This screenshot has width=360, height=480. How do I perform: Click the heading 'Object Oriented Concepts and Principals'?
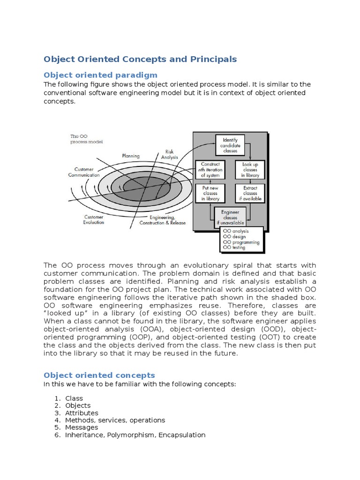click(140, 60)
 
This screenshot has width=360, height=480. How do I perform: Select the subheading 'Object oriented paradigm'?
click(100, 75)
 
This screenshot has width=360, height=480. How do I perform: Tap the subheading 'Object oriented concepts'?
click(99, 375)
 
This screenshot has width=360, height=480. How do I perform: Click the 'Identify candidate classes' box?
click(230, 145)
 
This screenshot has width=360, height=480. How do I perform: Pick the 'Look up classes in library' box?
click(250, 170)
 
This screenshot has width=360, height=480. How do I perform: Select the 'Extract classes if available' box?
click(250, 193)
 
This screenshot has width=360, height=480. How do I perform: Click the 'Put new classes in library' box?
click(210, 193)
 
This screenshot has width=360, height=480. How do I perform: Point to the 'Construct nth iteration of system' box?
click(210, 170)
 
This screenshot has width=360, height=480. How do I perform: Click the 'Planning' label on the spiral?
click(131, 156)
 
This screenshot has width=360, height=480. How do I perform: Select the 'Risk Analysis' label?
click(169, 155)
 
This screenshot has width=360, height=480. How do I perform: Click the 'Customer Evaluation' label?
click(94, 219)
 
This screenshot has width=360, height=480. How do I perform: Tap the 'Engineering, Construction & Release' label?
click(162, 220)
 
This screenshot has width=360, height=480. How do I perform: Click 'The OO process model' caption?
click(86, 139)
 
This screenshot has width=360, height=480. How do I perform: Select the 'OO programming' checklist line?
click(241, 242)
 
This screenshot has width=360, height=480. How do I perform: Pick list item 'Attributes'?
click(82, 413)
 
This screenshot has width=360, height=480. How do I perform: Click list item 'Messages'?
click(82, 427)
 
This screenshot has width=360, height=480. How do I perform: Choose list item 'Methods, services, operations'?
click(115, 420)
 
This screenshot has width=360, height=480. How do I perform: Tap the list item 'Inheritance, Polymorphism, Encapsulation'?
click(135, 435)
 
